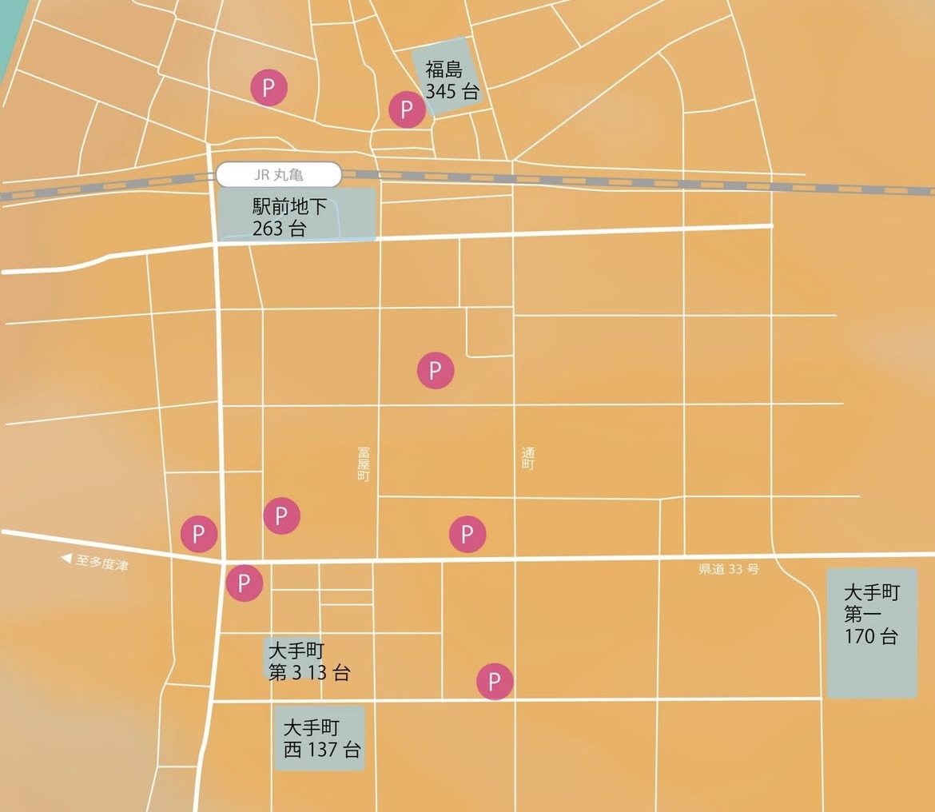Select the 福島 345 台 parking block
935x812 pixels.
[x=449, y=78]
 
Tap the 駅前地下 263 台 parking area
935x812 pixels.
[x=296, y=214]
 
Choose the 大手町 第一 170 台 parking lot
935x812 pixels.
[x=872, y=632]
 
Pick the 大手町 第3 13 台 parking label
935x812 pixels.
[x=308, y=660]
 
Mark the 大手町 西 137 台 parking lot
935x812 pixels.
[x=320, y=738]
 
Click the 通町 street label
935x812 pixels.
[x=527, y=458]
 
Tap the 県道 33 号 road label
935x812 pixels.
[x=728, y=569]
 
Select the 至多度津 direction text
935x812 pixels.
[x=101, y=563]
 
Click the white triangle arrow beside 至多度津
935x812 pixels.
[x=67, y=559]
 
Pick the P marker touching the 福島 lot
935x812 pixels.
[x=407, y=109]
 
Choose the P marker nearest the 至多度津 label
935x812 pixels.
[x=199, y=534]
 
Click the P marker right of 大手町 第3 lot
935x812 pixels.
[x=495, y=682]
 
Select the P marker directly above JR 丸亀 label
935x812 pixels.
[x=269, y=87]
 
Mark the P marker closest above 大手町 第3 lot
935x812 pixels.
[x=245, y=583]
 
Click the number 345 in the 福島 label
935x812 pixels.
[x=440, y=91]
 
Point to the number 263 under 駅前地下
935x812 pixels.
[x=269, y=228]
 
